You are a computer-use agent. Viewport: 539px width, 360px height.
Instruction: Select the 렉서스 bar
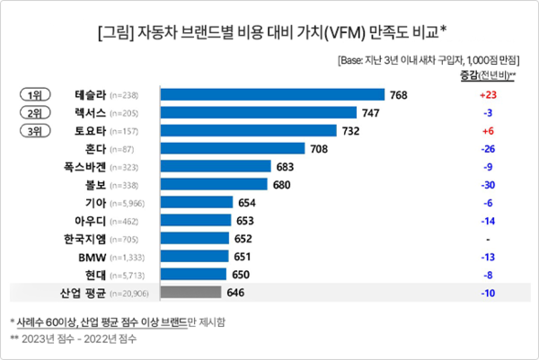coord(261,112)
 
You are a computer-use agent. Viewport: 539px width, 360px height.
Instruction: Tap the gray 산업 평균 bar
coord(190,292)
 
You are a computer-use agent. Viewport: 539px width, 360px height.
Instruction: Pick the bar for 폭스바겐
coord(216,166)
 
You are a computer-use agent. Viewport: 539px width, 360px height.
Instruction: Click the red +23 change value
coord(489,94)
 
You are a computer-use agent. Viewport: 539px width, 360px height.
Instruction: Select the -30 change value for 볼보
coord(489,184)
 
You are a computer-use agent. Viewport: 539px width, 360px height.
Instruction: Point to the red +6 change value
coord(489,130)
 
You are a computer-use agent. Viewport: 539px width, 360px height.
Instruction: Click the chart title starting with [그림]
coord(269,34)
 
